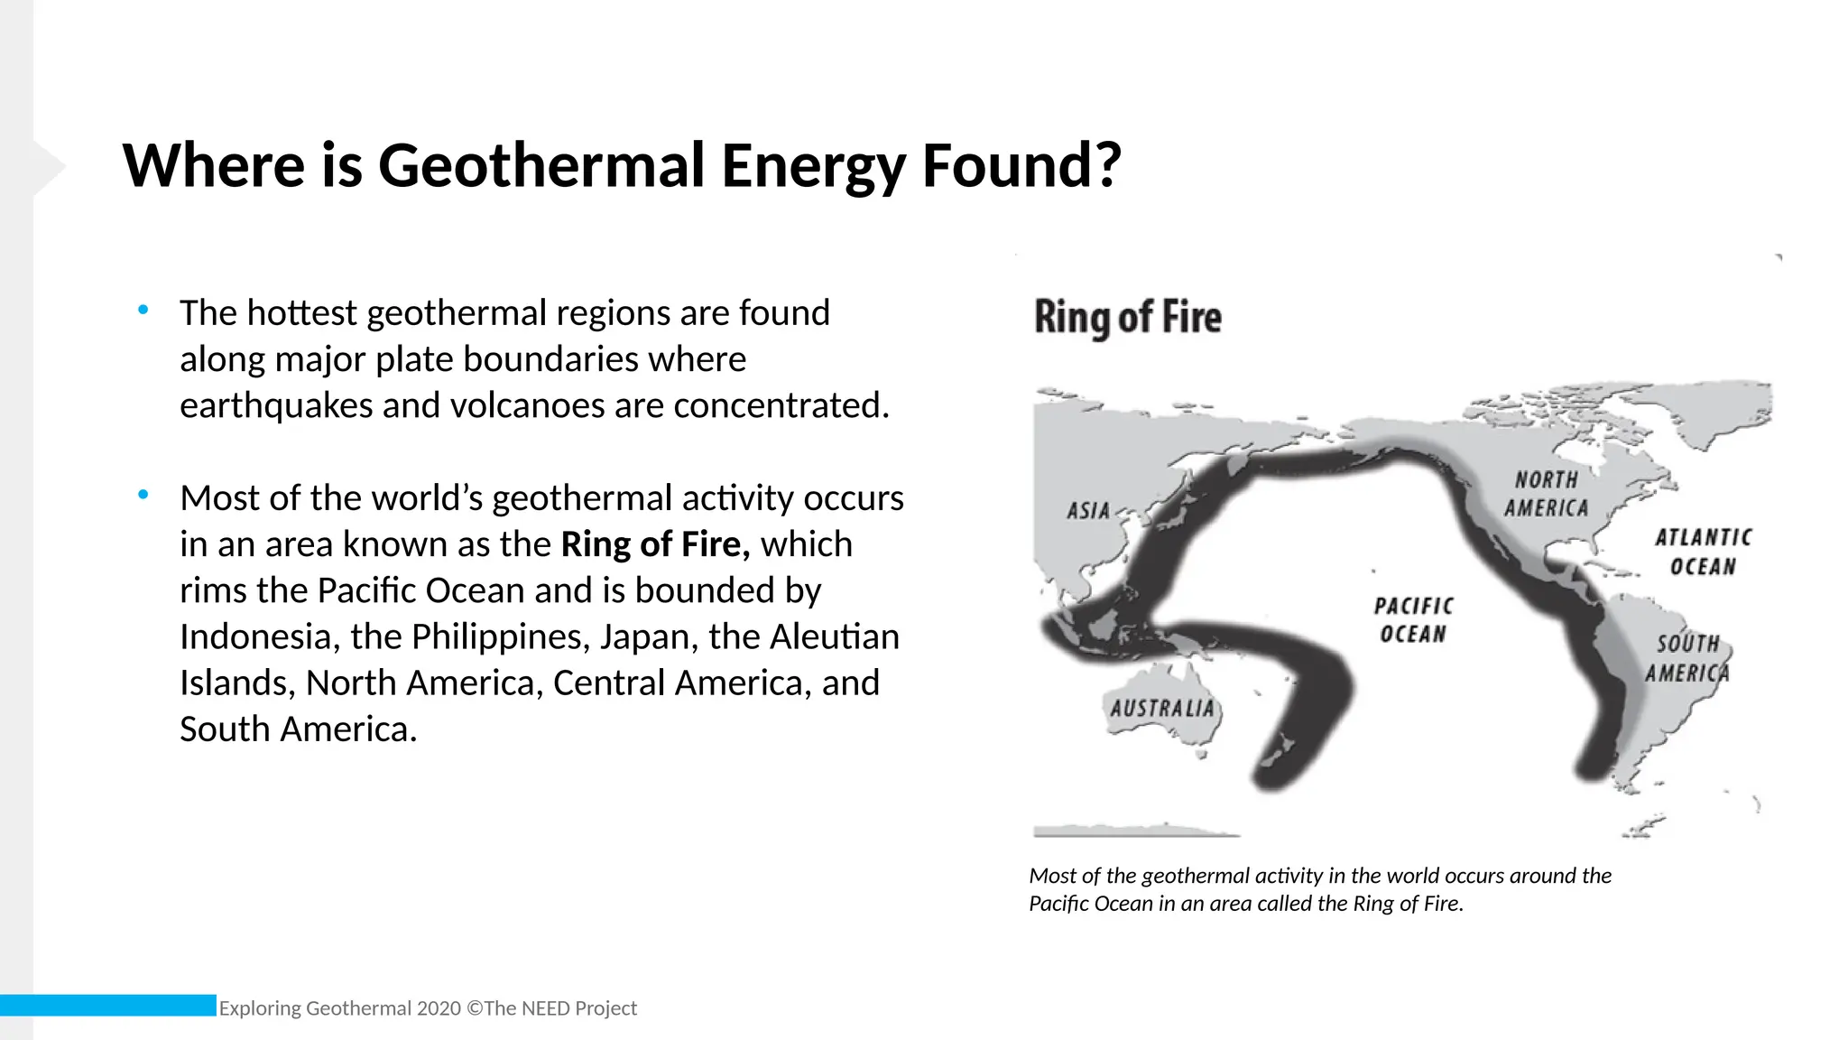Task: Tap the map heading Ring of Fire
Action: point(1127,318)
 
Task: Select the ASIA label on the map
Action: point(1087,511)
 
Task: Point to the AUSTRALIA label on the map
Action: point(1162,709)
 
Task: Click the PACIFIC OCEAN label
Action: point(1413,620)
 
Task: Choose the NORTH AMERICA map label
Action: point(1546,495)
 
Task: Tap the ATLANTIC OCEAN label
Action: point(1703,552)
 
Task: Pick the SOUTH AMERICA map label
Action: point(1687,658)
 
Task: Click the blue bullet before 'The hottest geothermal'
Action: point(143,311)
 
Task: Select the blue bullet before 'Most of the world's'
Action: point(143,495)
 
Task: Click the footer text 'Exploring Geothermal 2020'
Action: point(339,1008)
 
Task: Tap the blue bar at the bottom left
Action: point(108,1005)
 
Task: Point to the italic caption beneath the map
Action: point(1319,889)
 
